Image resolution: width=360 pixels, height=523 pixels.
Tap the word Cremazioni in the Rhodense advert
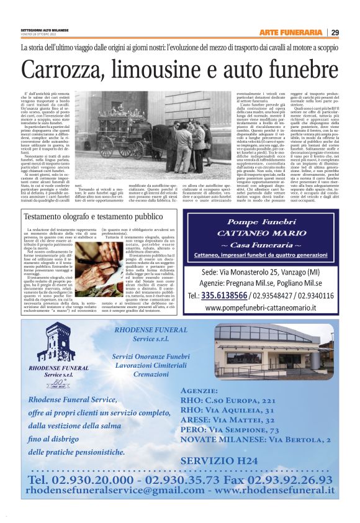[151, 375]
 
